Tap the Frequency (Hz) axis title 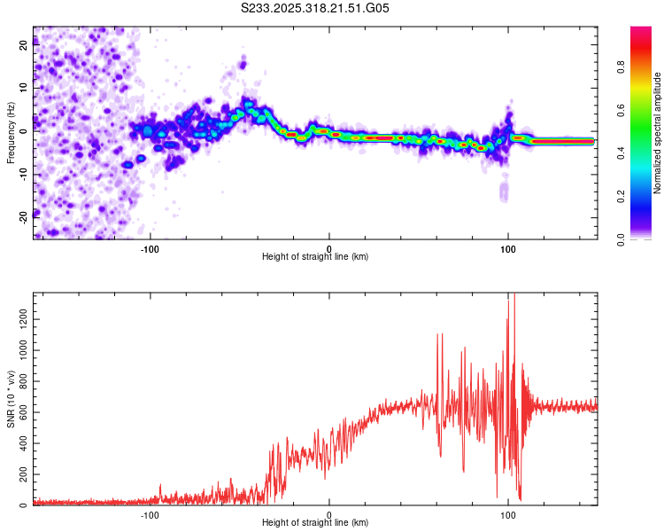(x=11, y=133)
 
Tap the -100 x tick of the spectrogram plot (x=149, y=247)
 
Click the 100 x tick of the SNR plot (x=507, y=514)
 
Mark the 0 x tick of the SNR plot (x=328, y=514)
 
